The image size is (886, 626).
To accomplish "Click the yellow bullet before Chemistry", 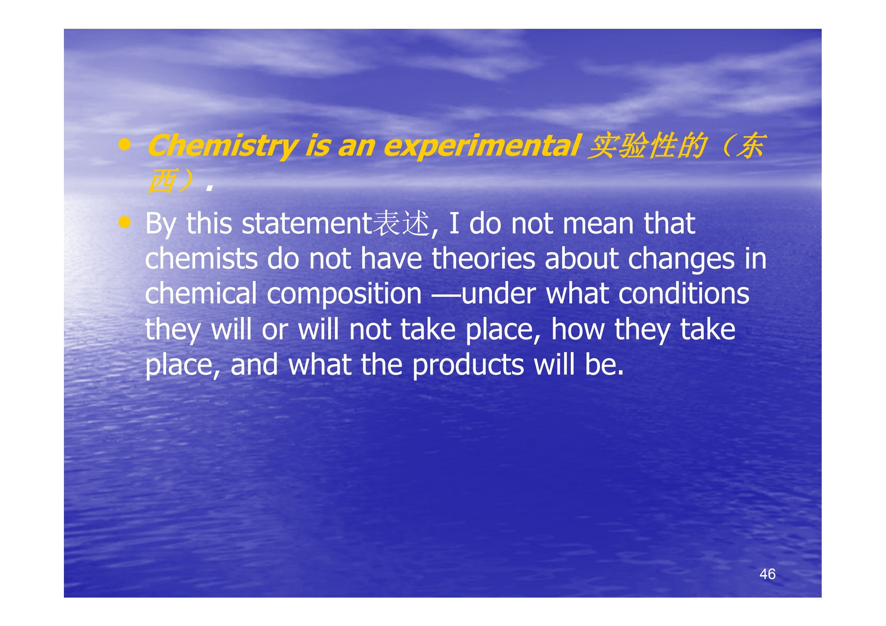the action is (x=125, y=145).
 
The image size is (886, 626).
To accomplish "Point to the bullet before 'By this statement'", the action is (x=125, y=223).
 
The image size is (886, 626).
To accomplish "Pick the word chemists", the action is (x=201, y=259).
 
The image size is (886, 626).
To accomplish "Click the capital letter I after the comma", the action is (x=454, y=224).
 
